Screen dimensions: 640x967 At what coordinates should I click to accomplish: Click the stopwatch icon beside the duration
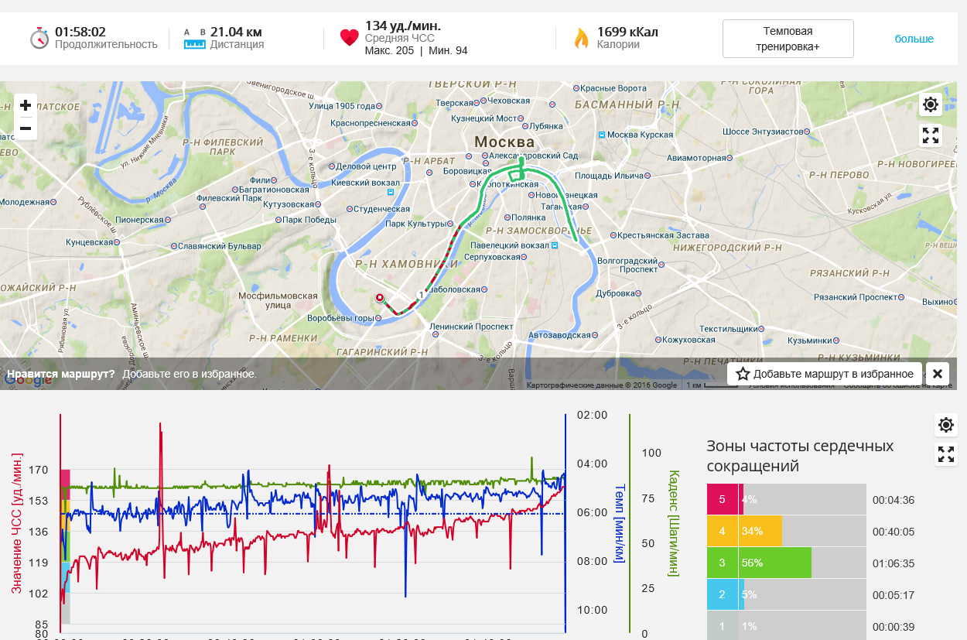[x=39, y=38]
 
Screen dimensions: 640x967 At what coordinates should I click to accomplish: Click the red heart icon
[x=349, y=38]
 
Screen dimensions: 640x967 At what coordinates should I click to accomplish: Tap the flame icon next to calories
[x=581, y=38]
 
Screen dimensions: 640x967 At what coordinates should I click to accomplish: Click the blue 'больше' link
[x=914, y=39]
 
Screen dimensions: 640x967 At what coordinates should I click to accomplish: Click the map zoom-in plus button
[x=26, y=105]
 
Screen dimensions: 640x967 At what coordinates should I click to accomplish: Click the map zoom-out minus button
[x=26, y=128]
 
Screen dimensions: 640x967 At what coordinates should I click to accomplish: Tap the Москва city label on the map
[x=504, y=142]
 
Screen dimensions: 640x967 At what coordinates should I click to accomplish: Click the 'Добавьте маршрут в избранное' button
[x=825, y=374]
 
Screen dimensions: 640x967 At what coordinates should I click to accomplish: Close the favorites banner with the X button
[x=937, y=374]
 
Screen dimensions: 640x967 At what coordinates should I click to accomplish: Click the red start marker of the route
[x=380, y=298]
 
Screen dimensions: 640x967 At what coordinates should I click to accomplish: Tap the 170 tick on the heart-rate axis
[x=39, y=470]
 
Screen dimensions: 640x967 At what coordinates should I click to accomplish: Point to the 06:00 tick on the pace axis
[x=593, y=512]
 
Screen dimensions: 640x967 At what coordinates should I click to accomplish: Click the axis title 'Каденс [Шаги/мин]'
[x=673, y=523]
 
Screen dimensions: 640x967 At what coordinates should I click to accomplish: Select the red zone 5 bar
[x=723, y=499]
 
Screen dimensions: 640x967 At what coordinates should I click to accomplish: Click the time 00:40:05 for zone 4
[x=893, y=532]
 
